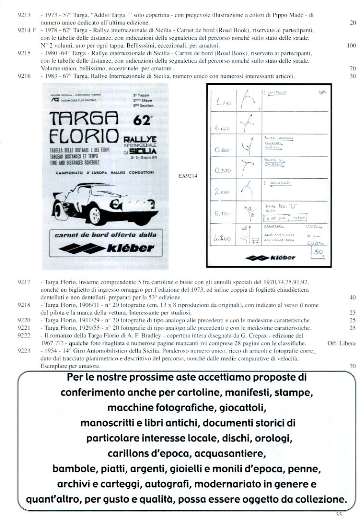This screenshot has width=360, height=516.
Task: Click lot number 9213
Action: click(23, 16)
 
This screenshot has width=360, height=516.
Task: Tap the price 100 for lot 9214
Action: click(351, 46)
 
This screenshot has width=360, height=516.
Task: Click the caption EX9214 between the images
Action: click(188, 175)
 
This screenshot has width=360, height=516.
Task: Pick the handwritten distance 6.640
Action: click(223, 128)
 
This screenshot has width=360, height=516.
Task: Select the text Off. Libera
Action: click(341, 343)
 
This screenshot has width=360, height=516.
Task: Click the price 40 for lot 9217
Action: click(352, 298)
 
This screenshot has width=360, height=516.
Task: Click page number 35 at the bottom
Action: click(339, 513)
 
